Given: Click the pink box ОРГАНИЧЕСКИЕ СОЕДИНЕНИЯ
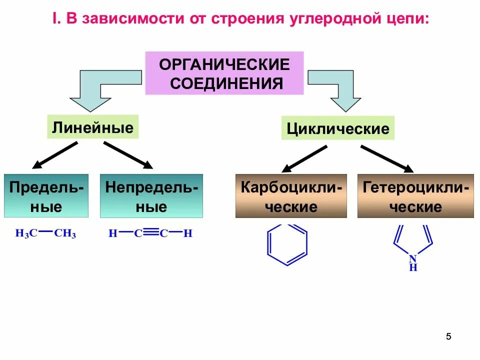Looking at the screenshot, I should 224,73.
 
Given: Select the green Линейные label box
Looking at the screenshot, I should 92,127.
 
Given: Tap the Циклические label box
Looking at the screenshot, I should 338,128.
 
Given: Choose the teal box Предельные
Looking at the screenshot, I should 46,196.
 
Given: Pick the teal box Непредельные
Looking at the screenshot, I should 151,196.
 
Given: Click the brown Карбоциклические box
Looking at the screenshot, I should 291,196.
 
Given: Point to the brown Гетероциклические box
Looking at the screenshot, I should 415,196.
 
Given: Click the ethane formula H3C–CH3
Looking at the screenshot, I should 45,233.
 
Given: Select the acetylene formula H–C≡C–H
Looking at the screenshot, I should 150,233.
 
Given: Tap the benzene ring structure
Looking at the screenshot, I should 287,243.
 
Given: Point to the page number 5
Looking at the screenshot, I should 448,336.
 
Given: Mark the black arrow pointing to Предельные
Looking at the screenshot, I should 55,155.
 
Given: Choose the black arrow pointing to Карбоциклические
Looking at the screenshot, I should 303,158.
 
